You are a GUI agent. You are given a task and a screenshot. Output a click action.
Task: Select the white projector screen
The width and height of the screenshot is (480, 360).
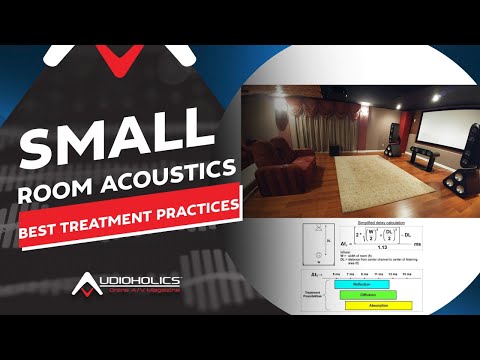point(436,130)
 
